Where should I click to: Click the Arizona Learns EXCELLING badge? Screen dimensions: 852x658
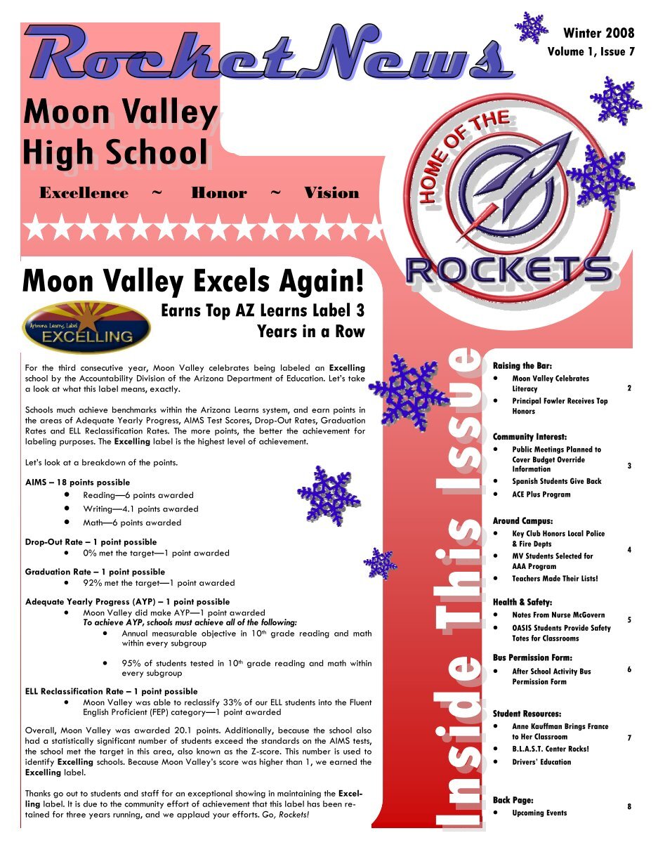86,327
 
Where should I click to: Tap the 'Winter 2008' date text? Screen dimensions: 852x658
598,33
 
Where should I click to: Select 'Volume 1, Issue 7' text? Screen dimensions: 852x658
591,52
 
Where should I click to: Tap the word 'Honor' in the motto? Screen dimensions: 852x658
219,193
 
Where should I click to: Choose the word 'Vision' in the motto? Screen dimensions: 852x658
331,193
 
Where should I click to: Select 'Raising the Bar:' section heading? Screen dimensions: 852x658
522,366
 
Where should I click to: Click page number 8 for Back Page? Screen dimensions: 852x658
629,807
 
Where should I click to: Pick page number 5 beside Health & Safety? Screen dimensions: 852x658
629,620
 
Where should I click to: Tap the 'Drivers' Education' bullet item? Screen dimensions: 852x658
541,762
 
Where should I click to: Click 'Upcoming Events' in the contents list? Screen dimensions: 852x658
539,813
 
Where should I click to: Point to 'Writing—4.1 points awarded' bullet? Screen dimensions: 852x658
140,509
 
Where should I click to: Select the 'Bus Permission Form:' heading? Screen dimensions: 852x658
532,658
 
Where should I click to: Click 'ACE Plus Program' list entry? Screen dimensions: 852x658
541,494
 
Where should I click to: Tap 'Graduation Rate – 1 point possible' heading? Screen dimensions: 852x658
95,572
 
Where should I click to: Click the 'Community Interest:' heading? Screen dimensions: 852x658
529,437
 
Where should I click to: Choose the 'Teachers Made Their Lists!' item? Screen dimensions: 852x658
555,579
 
